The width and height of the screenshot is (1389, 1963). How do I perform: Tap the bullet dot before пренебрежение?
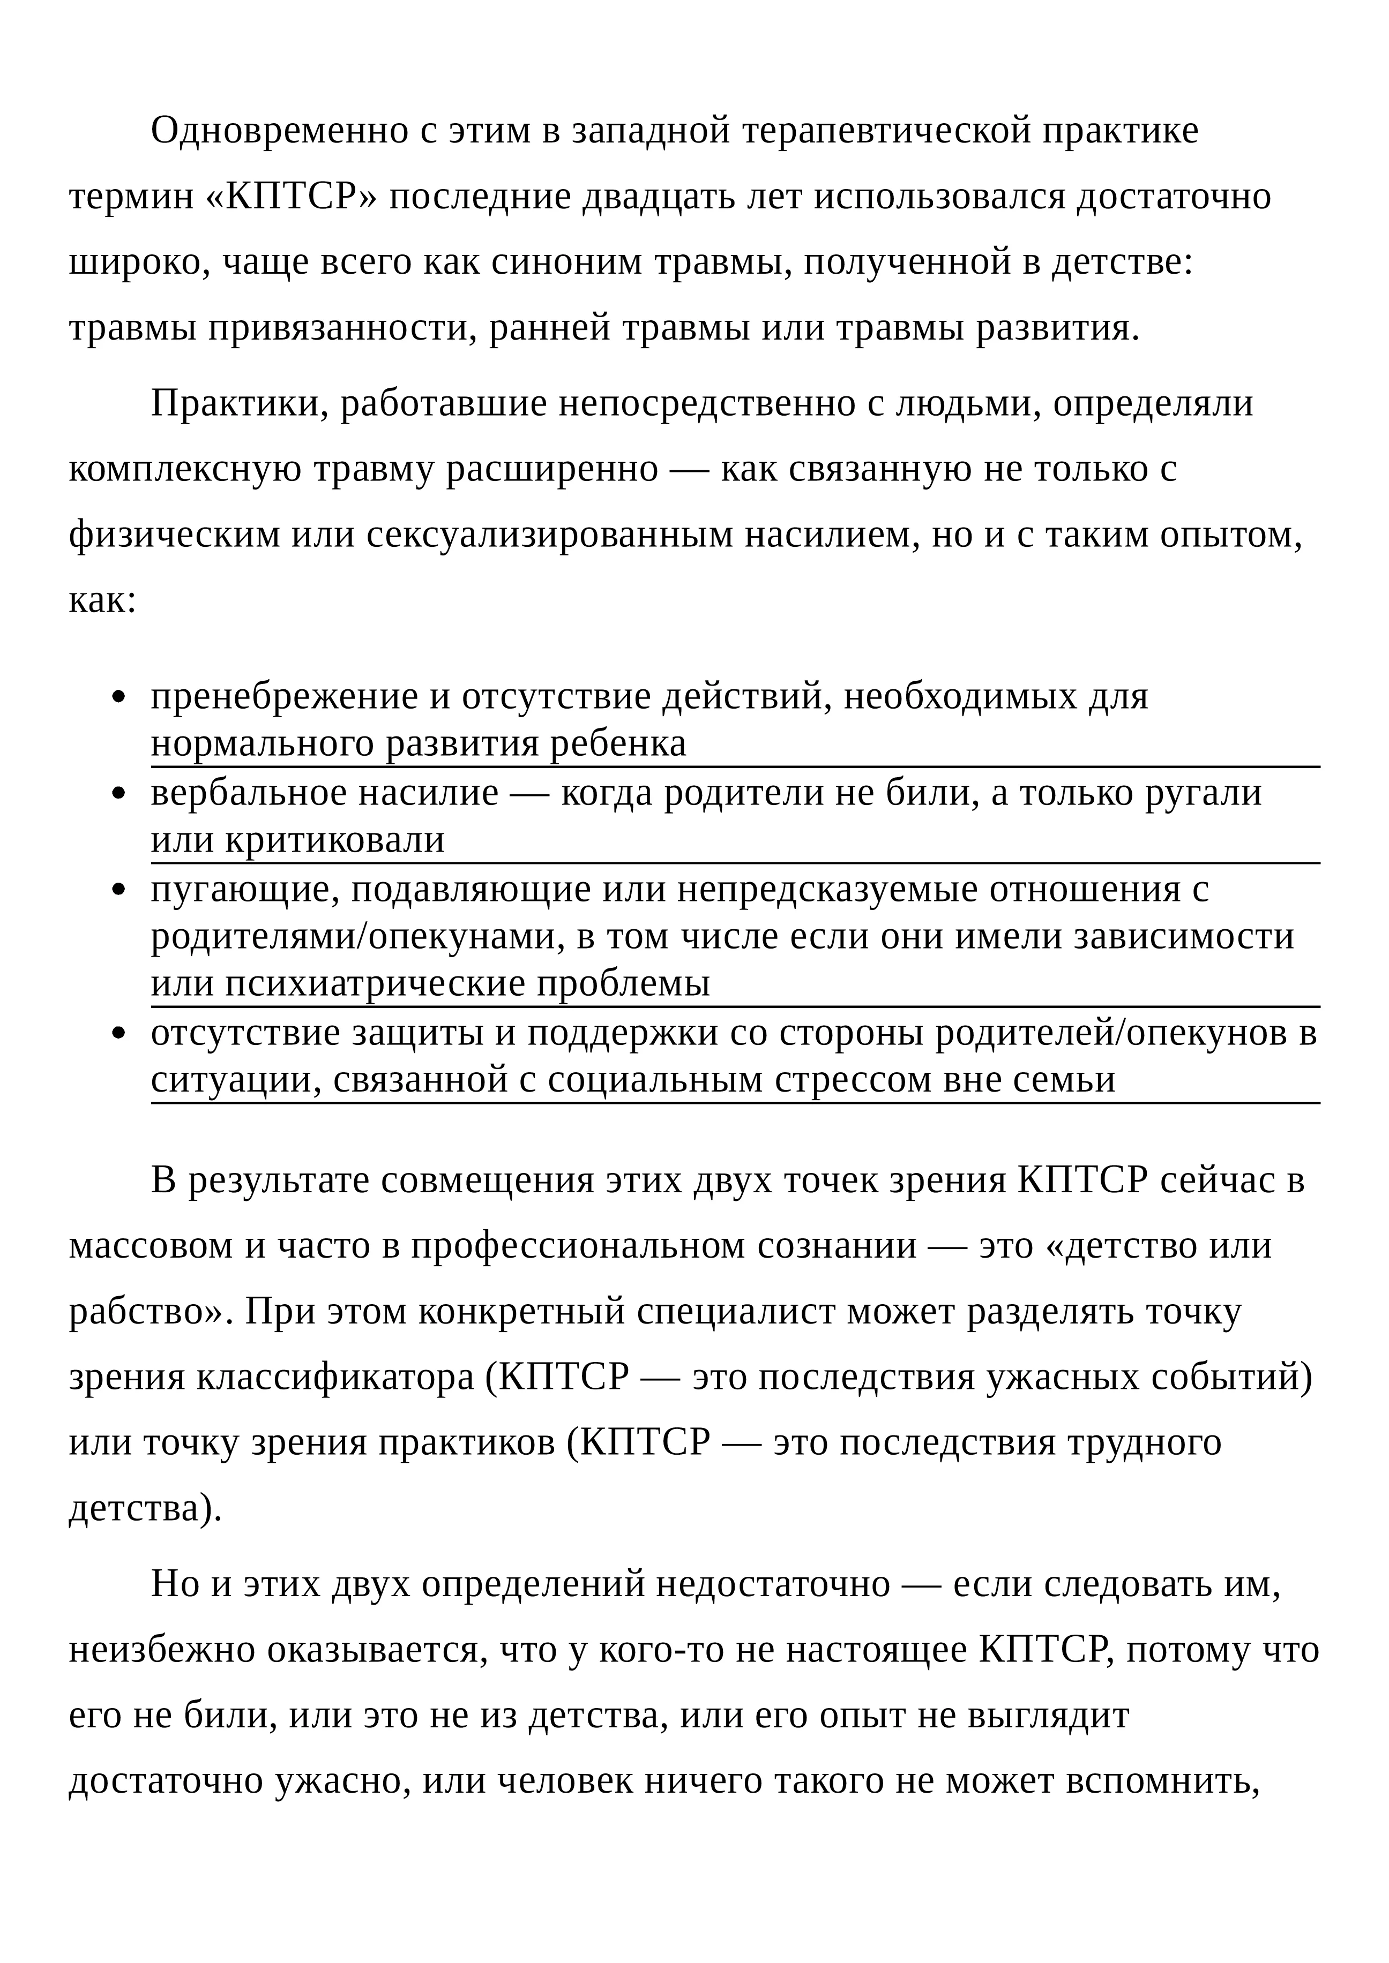tap(119, 698)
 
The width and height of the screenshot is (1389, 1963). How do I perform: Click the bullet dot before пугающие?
tap(119, 890)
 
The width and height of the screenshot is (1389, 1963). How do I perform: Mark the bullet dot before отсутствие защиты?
tap(119, 1034)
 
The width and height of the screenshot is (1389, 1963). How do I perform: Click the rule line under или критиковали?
tap(736, 863)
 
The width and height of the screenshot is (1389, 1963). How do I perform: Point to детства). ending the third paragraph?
tap(145, 1508)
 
